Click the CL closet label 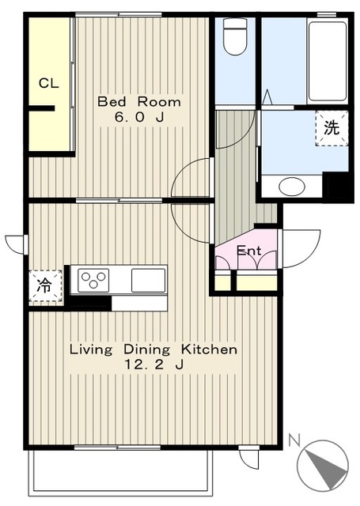pos(49,83)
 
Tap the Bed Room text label pos(139,102)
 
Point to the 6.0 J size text pos(139,117)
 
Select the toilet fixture pos(235,36)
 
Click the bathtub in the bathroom pos(328,61)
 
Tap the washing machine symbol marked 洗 pos(332,128)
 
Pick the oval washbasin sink pos(291,187)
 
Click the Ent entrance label pos(249,251)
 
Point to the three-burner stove pos(93,279)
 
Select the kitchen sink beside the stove pos(148,280)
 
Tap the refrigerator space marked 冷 pos(45,286)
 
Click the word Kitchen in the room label pos(209,349)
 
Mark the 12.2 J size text pos(154,364)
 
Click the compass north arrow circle pos(323,466)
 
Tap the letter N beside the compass pos(294,440)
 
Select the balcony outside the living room pos(120,472)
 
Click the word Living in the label pos(91,349)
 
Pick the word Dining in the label pos(147,349)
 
